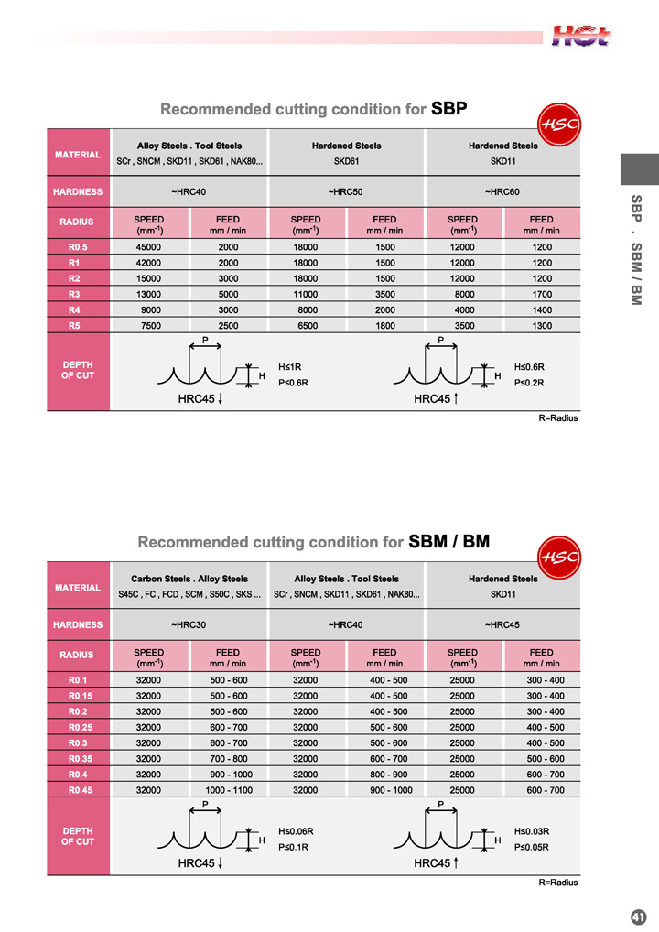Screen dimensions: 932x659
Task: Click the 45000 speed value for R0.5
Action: pyautogui.click(x=148, y=247)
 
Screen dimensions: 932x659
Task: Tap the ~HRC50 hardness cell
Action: pyautogui.click(x=345, y=192)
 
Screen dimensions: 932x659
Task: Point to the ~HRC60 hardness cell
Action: pyautogui.click(x=502, y=192)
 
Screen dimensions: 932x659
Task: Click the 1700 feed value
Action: pyautogui.click(x=542, y=294)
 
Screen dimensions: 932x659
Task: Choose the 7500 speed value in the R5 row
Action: pyautogui.click(x=148, y=325)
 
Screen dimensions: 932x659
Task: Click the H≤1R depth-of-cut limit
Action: pyautogui.click(x=290, y=366)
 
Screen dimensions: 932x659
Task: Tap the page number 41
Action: pyautogui.click(x=639, y=916)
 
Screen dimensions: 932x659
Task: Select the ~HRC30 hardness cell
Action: pyautogui.click(x=188, y=625)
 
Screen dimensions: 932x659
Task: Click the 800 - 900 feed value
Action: pyautogui.click(x=384, y=774)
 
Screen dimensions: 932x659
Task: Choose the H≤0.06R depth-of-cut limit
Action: pyautogui.click(x=297, y=831)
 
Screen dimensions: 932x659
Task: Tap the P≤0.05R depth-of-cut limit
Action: pyautogui.click(x=532, y=847)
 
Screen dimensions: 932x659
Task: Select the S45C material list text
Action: pyautogui.click(x=189, y=595)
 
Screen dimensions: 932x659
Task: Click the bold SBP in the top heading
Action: pyautogui.click(x=449, y=109)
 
